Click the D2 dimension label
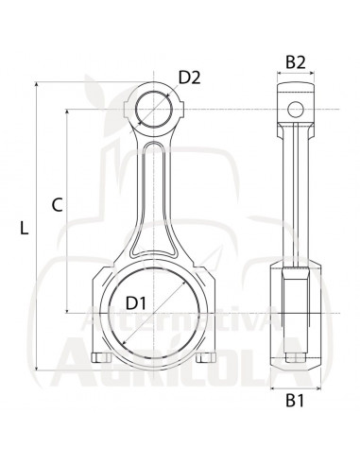point(189,77)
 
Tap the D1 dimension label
point(136,303)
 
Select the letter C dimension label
point(57,205)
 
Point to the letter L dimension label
point(24,228)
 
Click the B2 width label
point(296,62)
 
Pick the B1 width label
point(295,401)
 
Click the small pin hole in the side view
point(296,110)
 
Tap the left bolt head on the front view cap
point(101,357)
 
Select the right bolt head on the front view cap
point(206,357)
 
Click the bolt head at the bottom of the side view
point(296,357)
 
